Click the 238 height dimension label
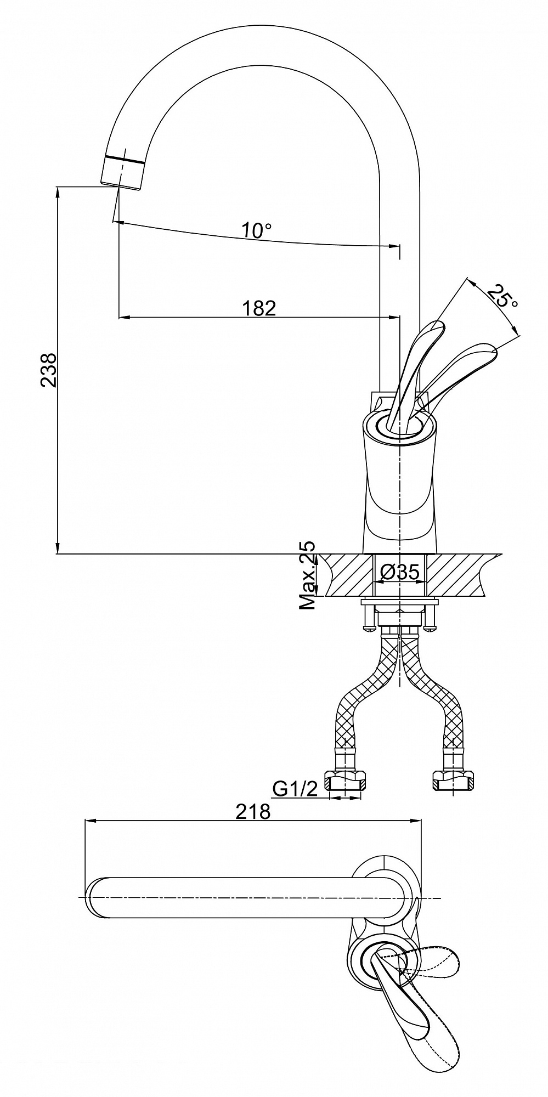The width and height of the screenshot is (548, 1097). [x=49, y=370]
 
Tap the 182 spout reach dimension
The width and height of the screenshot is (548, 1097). [x=259, y=308]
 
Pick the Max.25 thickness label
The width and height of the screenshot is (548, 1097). [x=308, y=575]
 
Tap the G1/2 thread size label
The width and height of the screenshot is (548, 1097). [x=295, y=789]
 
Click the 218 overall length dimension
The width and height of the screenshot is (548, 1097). [x=253, y=811]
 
